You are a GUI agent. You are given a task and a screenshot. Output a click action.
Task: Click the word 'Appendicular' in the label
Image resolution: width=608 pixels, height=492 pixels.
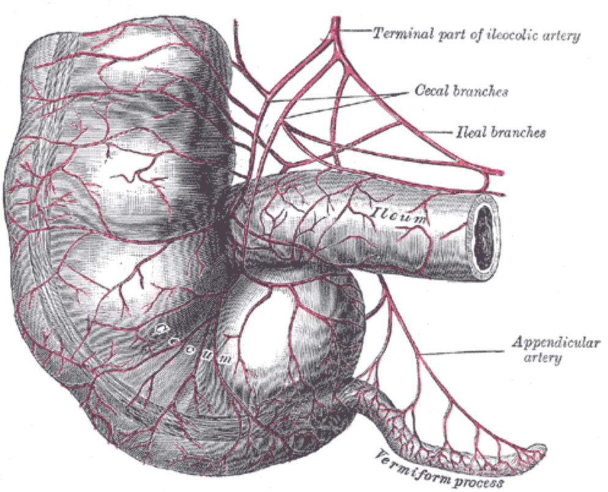[556, 344]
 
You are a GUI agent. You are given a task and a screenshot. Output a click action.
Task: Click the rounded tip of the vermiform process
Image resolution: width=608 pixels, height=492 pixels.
[542, 449]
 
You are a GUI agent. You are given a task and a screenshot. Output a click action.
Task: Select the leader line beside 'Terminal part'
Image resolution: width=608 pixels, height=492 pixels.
[354, 31]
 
